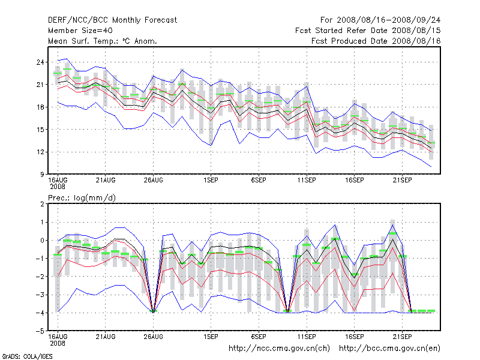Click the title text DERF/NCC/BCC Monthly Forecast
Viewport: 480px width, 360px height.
(x=113, y=20)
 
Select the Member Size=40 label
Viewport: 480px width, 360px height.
(x=80, y=30)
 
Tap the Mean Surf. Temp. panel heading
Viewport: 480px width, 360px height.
(x=103, y=41)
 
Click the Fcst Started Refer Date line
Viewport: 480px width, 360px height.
(x=368, y=30)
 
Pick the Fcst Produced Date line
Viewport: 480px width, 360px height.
(x=376, y=41)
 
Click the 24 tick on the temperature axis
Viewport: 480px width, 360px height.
(x=40, y=62)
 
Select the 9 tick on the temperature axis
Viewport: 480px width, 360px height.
(x=43, y=174)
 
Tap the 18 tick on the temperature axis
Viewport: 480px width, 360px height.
(x=40, y=107)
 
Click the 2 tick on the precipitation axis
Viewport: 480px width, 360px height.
(x=43, y=204)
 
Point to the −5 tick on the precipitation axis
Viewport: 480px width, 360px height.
(x=40, y=331)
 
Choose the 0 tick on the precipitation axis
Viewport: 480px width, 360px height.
(x=43, y=240)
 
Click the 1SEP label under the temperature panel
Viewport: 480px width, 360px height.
(x=211, y=179)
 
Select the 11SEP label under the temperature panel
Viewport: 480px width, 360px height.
(x=307, y=179)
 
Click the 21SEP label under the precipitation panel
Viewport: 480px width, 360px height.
(x=402, y=336)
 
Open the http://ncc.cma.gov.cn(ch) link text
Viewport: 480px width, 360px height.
(x=279, y=348)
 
